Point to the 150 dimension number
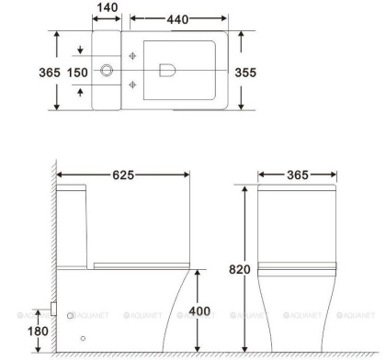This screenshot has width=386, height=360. [x=78, y=71]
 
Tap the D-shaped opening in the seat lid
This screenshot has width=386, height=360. [x=168, y=69]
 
